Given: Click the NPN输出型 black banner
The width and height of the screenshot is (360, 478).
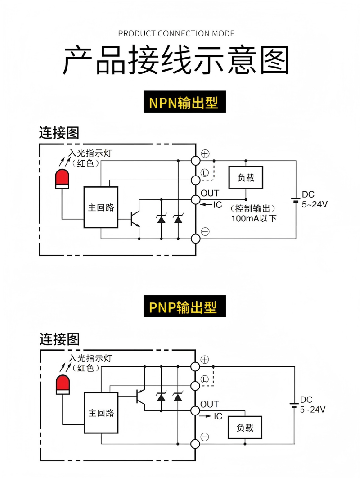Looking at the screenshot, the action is (184, 102).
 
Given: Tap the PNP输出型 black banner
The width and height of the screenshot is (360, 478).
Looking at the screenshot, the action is (184, 306).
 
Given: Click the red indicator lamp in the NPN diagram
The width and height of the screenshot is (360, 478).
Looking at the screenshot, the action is (62, 179).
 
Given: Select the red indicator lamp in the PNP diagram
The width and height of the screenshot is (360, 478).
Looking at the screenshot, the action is (63, 384).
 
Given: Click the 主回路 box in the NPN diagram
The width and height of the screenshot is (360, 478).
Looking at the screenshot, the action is (101, 207).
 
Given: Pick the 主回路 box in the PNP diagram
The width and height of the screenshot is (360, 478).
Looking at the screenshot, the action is (101, 413).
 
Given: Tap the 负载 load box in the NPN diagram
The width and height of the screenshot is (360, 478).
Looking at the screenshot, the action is (246, 177).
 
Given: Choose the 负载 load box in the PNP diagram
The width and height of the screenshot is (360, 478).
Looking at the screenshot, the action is (245, 428).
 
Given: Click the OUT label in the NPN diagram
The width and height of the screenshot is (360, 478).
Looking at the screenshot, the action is (210, 193).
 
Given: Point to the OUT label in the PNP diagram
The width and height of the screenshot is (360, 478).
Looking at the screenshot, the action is (210, 404).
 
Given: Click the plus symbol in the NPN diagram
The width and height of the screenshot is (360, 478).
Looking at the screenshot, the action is (205, 153).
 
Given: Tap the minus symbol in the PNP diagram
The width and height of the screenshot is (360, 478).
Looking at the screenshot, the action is (205, 437).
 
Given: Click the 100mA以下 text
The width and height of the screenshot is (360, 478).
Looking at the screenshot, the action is (254, 218).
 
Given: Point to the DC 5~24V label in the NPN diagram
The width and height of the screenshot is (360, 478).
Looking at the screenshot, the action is (315, 199).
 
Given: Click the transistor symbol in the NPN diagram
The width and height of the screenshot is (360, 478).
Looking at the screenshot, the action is (135, 219).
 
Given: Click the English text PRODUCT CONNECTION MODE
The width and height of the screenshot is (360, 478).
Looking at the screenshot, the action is (176, 34).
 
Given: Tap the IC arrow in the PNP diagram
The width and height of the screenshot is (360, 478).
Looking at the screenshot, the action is (206, 416).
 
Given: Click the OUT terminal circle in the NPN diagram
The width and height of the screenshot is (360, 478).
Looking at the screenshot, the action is (196, 200).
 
